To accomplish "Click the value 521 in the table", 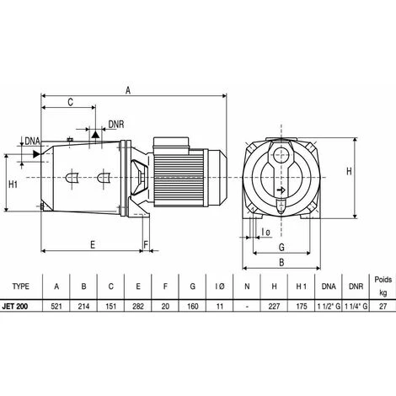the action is [x=56, y=306].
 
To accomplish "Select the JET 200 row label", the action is [x=15, y=306].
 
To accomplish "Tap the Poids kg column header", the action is [x=383, y=286].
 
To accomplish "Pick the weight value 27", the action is [x=383, y=306].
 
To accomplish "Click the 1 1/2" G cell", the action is [x=329, y=306].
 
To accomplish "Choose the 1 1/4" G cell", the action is [x=356, y=306].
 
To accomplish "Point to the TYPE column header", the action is [x=20, y=286].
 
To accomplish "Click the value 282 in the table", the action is [x=138, y=306].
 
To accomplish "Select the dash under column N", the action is [x=247, y=307].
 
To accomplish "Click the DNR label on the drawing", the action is [x=116, y=125].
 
